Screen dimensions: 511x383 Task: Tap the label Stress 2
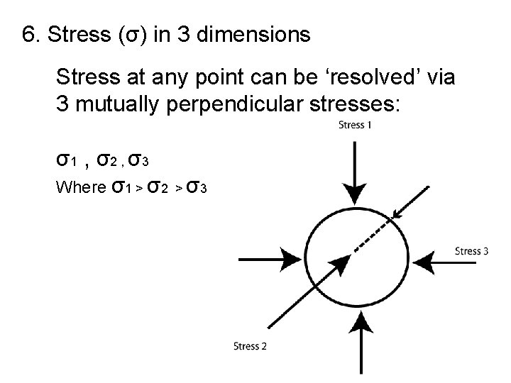[x=250, y=346]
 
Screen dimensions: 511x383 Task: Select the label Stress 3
[x=471, y=250]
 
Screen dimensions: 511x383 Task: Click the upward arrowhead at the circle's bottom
[x=362, y=323]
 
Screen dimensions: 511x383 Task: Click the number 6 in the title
[x=29, y=35]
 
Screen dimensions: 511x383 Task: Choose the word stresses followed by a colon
[x=355, y=104]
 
